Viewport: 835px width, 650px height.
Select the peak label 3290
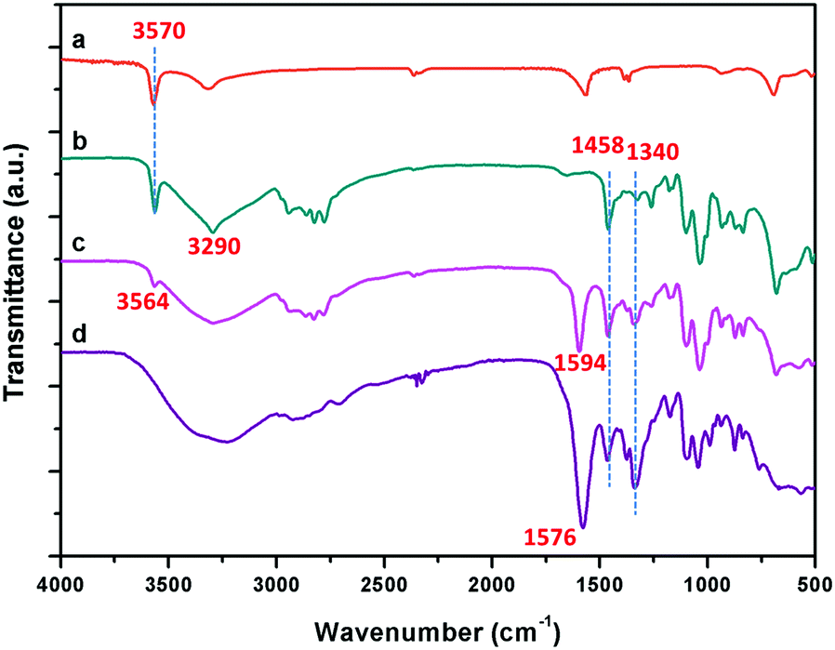pos(216,246)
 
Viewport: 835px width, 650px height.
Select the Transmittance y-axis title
pos(19,279)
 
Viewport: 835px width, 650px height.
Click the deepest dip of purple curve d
pos(582,527)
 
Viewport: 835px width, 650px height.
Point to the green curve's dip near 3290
pos(214,232)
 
